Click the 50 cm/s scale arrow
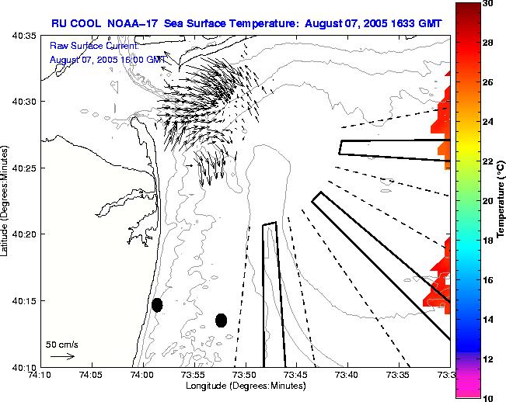62,356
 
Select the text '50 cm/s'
62,344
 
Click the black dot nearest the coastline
157,305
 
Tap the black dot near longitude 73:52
221,320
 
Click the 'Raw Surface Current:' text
93,46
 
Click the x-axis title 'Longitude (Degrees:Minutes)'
246,386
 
